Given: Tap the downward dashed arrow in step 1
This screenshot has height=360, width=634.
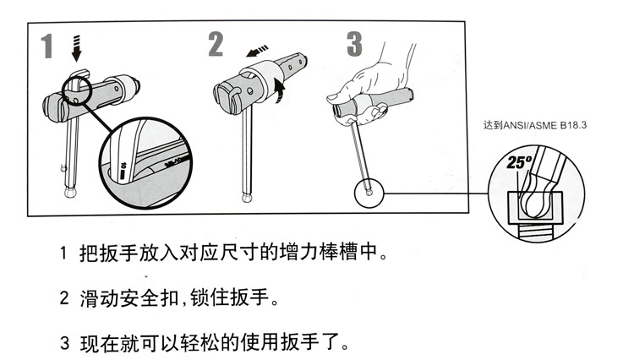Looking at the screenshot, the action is [77, 48].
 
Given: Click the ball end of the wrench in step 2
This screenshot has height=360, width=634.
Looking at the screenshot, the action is [246, 198].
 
